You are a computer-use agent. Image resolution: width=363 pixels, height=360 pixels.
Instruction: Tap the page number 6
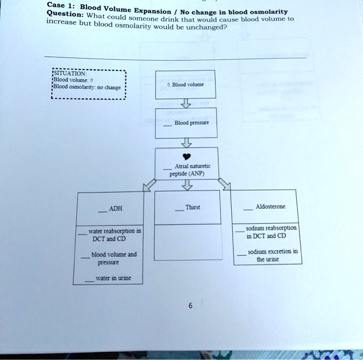(190, 306)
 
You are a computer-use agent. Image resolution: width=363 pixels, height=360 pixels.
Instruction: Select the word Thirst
(192, 207)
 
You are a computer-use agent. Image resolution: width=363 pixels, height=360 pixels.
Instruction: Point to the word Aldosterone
(271, 207)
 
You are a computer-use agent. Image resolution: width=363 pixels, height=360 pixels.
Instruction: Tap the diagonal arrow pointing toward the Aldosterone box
(224, 183)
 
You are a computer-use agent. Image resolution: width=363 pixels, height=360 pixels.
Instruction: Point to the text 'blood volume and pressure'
(114, 258)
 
